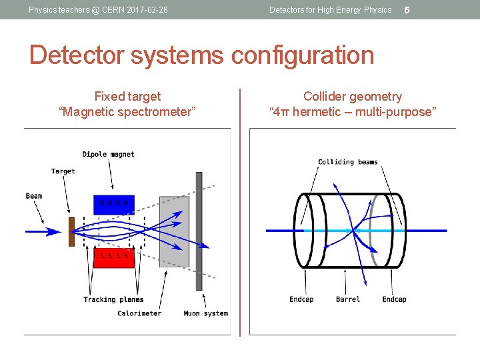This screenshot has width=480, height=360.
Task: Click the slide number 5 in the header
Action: (x=407, y=10)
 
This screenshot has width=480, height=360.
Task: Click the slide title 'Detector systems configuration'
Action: (x=201, y=55)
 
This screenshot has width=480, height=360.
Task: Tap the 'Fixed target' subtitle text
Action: (x=127, y=97)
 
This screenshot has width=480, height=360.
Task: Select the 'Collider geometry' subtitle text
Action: (x=353, y=97)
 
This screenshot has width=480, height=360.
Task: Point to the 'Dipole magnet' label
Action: (x=108, y=154)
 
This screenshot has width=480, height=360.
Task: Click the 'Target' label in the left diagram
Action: (x=63, y=171)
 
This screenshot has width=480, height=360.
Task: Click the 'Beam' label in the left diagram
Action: (x=34, y=196)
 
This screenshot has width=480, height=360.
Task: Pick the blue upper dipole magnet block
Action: (x=113, y=205)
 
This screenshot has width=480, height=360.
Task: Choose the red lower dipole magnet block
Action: (x=113, y=257)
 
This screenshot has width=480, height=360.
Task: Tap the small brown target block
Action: (x=71, y=231)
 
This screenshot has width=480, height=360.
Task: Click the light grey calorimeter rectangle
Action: (x=174, y=231)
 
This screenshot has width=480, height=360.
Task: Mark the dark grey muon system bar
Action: (x=199, y=231)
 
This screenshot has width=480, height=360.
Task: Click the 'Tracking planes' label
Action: (x=113, y=299)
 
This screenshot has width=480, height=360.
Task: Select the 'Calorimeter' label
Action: (x=139, y=313)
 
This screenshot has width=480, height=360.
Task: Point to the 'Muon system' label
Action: (x=205, y=313)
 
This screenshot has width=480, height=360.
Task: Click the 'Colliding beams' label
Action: (x=347, y=162)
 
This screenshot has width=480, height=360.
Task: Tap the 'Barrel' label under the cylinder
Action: (x=348, y=299)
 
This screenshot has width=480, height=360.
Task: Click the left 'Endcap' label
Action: (x=301, y=299)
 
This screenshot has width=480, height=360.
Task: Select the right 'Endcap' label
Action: (x=394, y=299)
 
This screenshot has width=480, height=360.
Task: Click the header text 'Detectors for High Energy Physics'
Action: (x=330, y=10)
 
